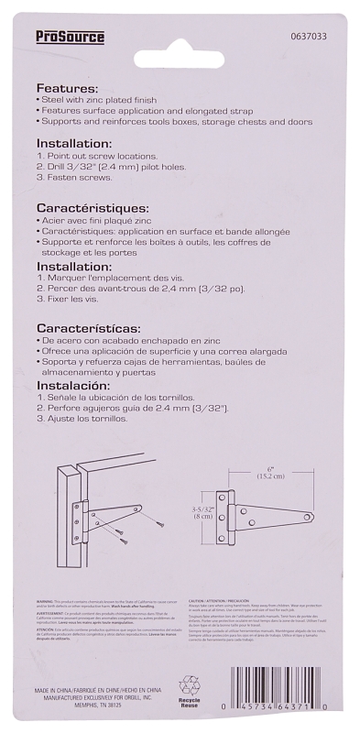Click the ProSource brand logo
point(70,38)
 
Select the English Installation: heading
point(73,144)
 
